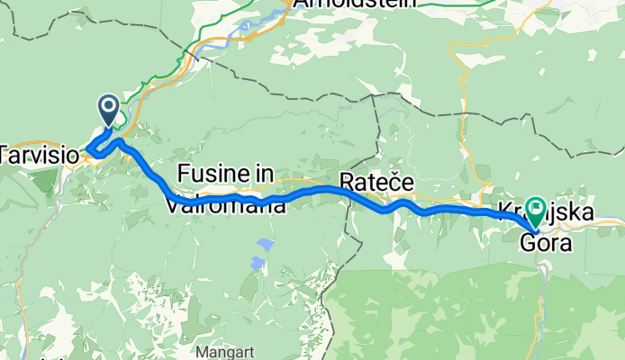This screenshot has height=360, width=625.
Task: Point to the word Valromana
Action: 226,205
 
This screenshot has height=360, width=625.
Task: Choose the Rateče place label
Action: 376,184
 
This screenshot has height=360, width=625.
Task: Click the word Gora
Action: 546,240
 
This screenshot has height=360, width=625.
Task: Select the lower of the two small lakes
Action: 257,263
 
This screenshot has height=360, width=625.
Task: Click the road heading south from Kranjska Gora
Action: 546,279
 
